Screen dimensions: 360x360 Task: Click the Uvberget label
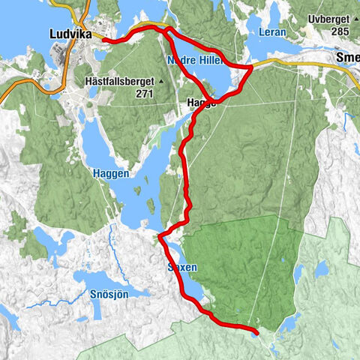332,17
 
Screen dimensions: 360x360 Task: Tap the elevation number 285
341,31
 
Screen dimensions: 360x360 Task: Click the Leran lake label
272,32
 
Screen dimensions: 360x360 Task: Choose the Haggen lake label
112,173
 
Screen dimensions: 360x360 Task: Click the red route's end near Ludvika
104,40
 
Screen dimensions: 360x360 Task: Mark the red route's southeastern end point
256,331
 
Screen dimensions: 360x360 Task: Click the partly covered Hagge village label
200,103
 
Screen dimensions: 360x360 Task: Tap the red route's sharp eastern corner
251,68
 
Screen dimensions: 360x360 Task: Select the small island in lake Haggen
150,203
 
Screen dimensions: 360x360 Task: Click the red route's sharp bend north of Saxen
160,237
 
